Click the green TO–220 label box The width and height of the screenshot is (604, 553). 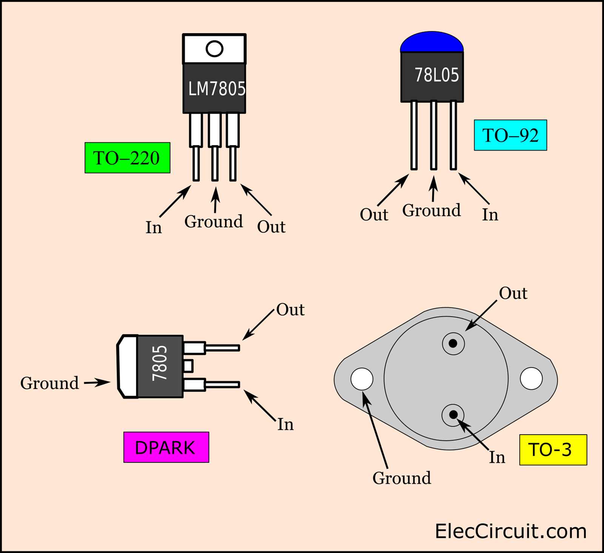(127, 158)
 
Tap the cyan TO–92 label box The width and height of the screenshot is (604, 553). (510, 135)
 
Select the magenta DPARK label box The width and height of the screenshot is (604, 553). (166, 447)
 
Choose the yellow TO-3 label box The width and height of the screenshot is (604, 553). (553, 450)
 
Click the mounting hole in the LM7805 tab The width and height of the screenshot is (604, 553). (214, 49)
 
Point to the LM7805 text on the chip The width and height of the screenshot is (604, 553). (217, 89)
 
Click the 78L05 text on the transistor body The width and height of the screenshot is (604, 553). (436, 75)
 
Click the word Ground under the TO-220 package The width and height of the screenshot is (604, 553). (213, 222)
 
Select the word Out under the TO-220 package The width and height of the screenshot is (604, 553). (271, 227)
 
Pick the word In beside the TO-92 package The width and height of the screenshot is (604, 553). (490, 215)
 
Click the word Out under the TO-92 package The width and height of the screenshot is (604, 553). (374, 215)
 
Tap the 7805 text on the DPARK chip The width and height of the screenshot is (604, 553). (160, 363)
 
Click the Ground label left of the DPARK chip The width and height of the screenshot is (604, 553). (49, 383)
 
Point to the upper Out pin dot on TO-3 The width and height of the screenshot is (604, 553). (453, 343)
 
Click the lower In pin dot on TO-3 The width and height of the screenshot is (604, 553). (453, 415)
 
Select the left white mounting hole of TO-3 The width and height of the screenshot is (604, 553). (362, 379)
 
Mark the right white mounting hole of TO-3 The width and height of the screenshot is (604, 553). (531, 378)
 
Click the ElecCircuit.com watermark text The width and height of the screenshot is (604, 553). (510, 532)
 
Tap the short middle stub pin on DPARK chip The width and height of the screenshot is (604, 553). (188, 366)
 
